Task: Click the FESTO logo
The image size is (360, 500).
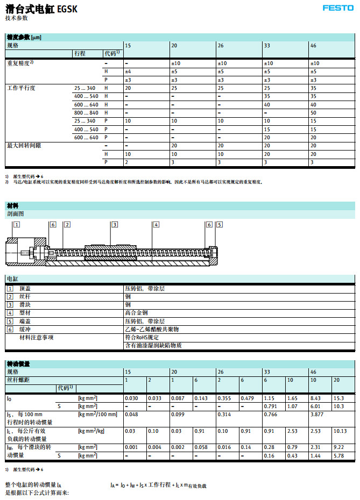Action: pos(338,8)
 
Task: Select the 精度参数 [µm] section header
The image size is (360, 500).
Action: pos(24,37)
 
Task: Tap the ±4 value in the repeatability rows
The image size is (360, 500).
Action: pos(128,72)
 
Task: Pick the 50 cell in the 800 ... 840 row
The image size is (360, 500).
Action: pos(313,113)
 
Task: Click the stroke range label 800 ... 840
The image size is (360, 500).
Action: pos(86,113)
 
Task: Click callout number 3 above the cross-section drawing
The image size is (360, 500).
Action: pos(115,224)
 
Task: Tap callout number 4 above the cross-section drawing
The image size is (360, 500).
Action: pos(156,224)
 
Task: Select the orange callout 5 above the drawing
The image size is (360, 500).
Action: pos(219,224)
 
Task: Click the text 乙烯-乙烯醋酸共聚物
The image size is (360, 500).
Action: pos(151,329)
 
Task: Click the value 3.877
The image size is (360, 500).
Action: pos(317,415)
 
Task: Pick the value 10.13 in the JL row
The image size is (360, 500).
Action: pos(341,431)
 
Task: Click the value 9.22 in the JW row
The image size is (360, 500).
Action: pos(339,447)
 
